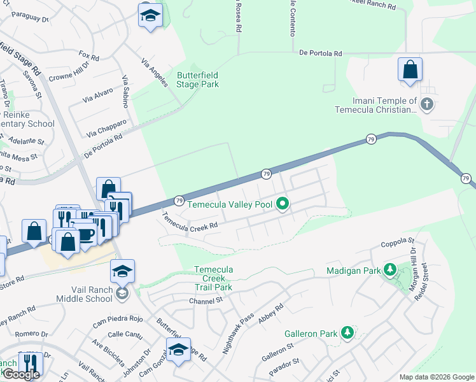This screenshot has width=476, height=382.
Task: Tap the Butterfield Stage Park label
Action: pos(197,80)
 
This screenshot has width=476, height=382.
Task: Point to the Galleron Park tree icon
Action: pos(347,332)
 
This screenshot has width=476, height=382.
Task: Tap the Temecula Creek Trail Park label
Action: pos(213,278)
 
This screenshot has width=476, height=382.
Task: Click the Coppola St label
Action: pos(398,242)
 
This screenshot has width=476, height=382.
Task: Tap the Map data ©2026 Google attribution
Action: pos(437,377)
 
